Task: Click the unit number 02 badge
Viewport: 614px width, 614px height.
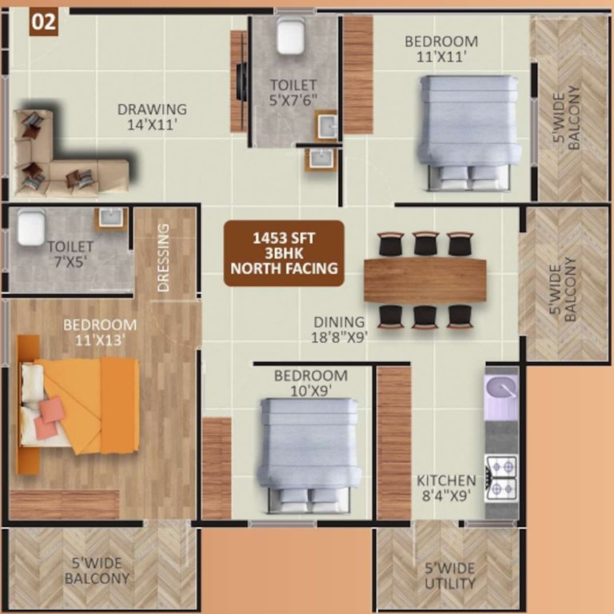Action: [x=43, y=22]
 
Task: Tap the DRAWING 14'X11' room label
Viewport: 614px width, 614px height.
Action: [x=152, y=117]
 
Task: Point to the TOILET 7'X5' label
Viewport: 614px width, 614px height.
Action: [x=70, y=255]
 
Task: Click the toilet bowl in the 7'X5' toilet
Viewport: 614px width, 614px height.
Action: [x=30, y=227]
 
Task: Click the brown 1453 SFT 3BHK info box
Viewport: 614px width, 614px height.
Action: [x=284, y=253]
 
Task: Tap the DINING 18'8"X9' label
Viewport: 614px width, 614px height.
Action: [x=341, y=329]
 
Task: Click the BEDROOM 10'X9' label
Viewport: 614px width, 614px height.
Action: [x=310, y=383]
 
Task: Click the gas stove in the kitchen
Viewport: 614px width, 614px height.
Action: [x=501, y=477]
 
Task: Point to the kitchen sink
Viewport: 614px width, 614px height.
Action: [x=501, y=391]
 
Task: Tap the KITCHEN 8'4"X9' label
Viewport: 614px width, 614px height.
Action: [x=446, y=488]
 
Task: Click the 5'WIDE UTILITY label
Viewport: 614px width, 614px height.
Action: [x=450, y=575]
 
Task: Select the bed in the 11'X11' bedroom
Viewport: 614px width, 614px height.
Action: [x=469, y=132]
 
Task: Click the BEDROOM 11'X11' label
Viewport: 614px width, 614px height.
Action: [x=441, y=49]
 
